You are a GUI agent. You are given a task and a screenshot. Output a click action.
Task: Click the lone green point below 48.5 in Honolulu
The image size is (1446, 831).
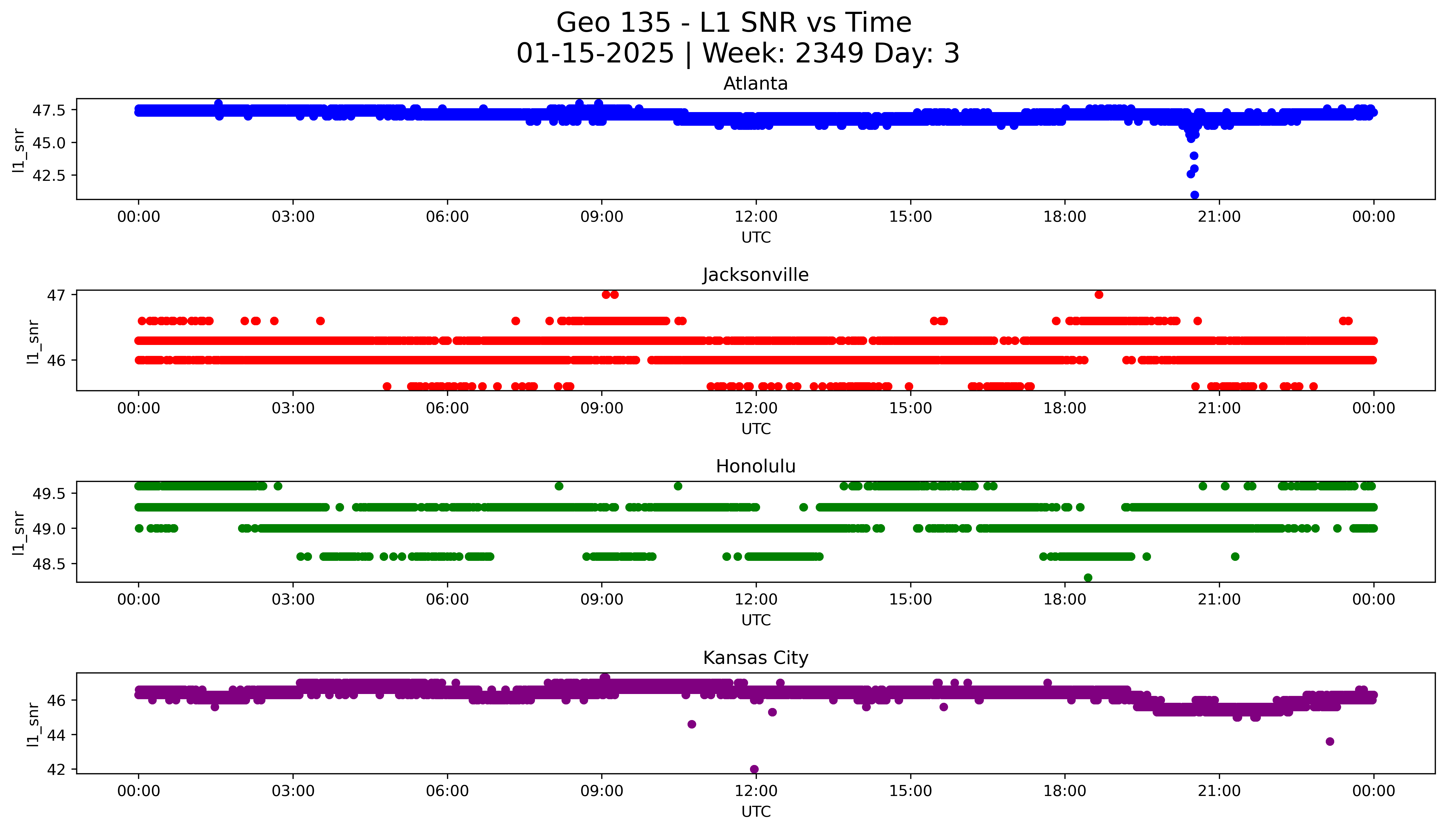coord(1088,578)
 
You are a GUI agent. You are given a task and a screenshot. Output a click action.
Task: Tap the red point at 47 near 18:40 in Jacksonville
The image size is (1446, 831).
coord(1099,295)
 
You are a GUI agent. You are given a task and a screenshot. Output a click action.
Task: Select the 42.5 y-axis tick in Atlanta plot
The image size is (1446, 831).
coord(49,175)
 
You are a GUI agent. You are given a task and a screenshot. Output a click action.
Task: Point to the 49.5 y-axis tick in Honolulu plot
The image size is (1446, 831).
coord(49,493)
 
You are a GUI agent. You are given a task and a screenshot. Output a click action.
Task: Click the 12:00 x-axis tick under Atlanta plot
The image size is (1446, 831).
coord(756,217)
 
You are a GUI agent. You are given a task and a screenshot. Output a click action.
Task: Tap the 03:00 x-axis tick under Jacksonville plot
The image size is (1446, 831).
coord(293,408)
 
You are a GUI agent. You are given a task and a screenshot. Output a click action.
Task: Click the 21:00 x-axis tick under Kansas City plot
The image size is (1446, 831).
coord(1219,791)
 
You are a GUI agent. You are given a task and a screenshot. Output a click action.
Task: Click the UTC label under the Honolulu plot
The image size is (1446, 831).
coord(756,620)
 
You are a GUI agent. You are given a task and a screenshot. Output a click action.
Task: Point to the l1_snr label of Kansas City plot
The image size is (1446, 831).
coord(33,724)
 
